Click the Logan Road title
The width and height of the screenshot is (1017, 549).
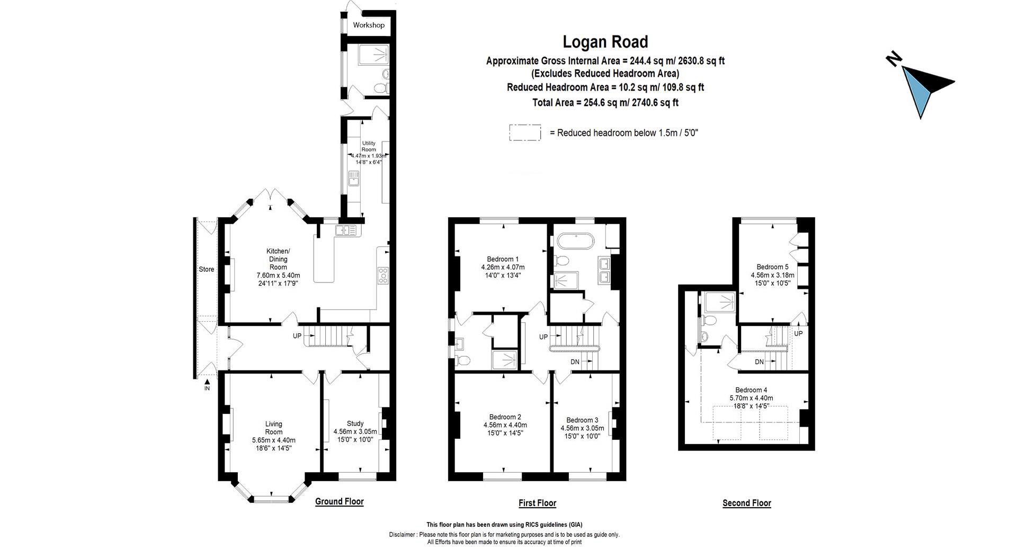[605, 42]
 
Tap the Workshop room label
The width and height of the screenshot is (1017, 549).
[369, 25]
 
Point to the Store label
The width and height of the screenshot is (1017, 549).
[207, 269]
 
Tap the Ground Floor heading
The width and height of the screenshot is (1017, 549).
[340, 501]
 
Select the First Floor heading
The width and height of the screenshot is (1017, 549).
[537, 503]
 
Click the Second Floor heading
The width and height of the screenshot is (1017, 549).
[747, 503]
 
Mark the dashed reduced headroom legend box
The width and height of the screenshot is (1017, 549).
[525, 132]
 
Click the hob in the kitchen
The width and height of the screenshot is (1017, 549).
[382, 276]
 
